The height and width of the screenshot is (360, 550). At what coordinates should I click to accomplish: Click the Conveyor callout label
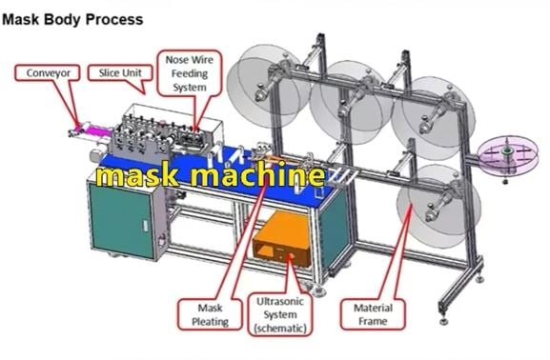(x=48, y=73)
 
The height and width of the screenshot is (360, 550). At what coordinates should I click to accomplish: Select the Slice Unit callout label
(x=120, y=73)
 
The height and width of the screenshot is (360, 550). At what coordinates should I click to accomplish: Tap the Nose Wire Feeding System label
(x=190, y=73)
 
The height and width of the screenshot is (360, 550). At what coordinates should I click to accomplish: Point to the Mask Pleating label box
(x=210, y=314)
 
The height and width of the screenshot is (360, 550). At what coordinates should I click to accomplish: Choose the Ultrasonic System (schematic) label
(x=280, y=314)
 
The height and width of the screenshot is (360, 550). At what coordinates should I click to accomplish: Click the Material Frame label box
(x=373, y=314)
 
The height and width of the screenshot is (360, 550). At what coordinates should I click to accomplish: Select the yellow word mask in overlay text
(x=137, y=175)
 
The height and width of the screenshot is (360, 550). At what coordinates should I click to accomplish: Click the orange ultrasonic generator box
(x=282, y=238)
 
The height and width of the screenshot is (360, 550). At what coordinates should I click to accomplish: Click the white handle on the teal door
(x=145, y=226)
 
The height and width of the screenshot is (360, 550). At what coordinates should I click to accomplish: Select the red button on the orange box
(x=291, y=256)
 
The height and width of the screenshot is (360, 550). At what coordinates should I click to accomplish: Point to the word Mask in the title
(x=20, y=19)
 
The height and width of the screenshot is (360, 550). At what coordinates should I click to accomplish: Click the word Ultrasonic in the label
(x=280, y=301)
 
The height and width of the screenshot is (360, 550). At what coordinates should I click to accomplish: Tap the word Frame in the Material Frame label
(x=373, y=322)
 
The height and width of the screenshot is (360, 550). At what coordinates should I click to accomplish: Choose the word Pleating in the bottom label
(x=210, y=322)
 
